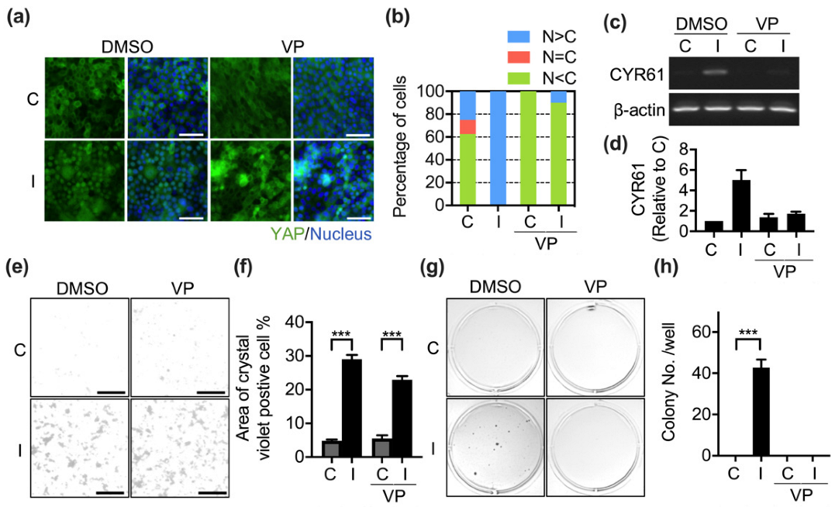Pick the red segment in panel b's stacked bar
[x=468, y=127]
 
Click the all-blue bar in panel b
[x=496, y=148]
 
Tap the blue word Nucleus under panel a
[x=338, y=233]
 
